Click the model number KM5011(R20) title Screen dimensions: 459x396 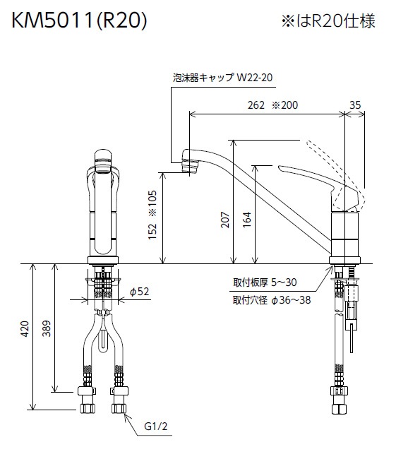pyautogui.click(x=79, y=20)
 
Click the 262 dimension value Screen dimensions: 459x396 pyautogui.click(x=256, y=105)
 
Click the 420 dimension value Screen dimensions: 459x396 pyautogui.click(x=24, y=328)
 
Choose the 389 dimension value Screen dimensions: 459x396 pyautogui.click(x=47, y=328)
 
